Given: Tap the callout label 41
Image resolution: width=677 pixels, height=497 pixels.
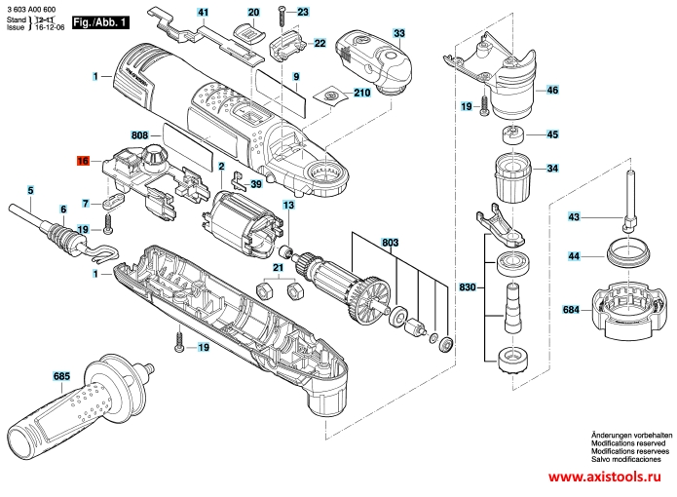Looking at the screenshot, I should point(203,13).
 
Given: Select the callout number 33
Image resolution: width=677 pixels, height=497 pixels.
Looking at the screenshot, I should point(398,34).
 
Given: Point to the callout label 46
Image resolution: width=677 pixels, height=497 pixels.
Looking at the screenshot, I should point(552,90).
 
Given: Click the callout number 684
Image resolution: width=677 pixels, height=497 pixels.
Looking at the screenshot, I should point(570,311).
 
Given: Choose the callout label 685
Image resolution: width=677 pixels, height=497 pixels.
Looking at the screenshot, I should point(61,374).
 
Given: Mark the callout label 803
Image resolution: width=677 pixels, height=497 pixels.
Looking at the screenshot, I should point(391,241).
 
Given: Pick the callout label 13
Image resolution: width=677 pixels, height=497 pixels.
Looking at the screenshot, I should point(288,206).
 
